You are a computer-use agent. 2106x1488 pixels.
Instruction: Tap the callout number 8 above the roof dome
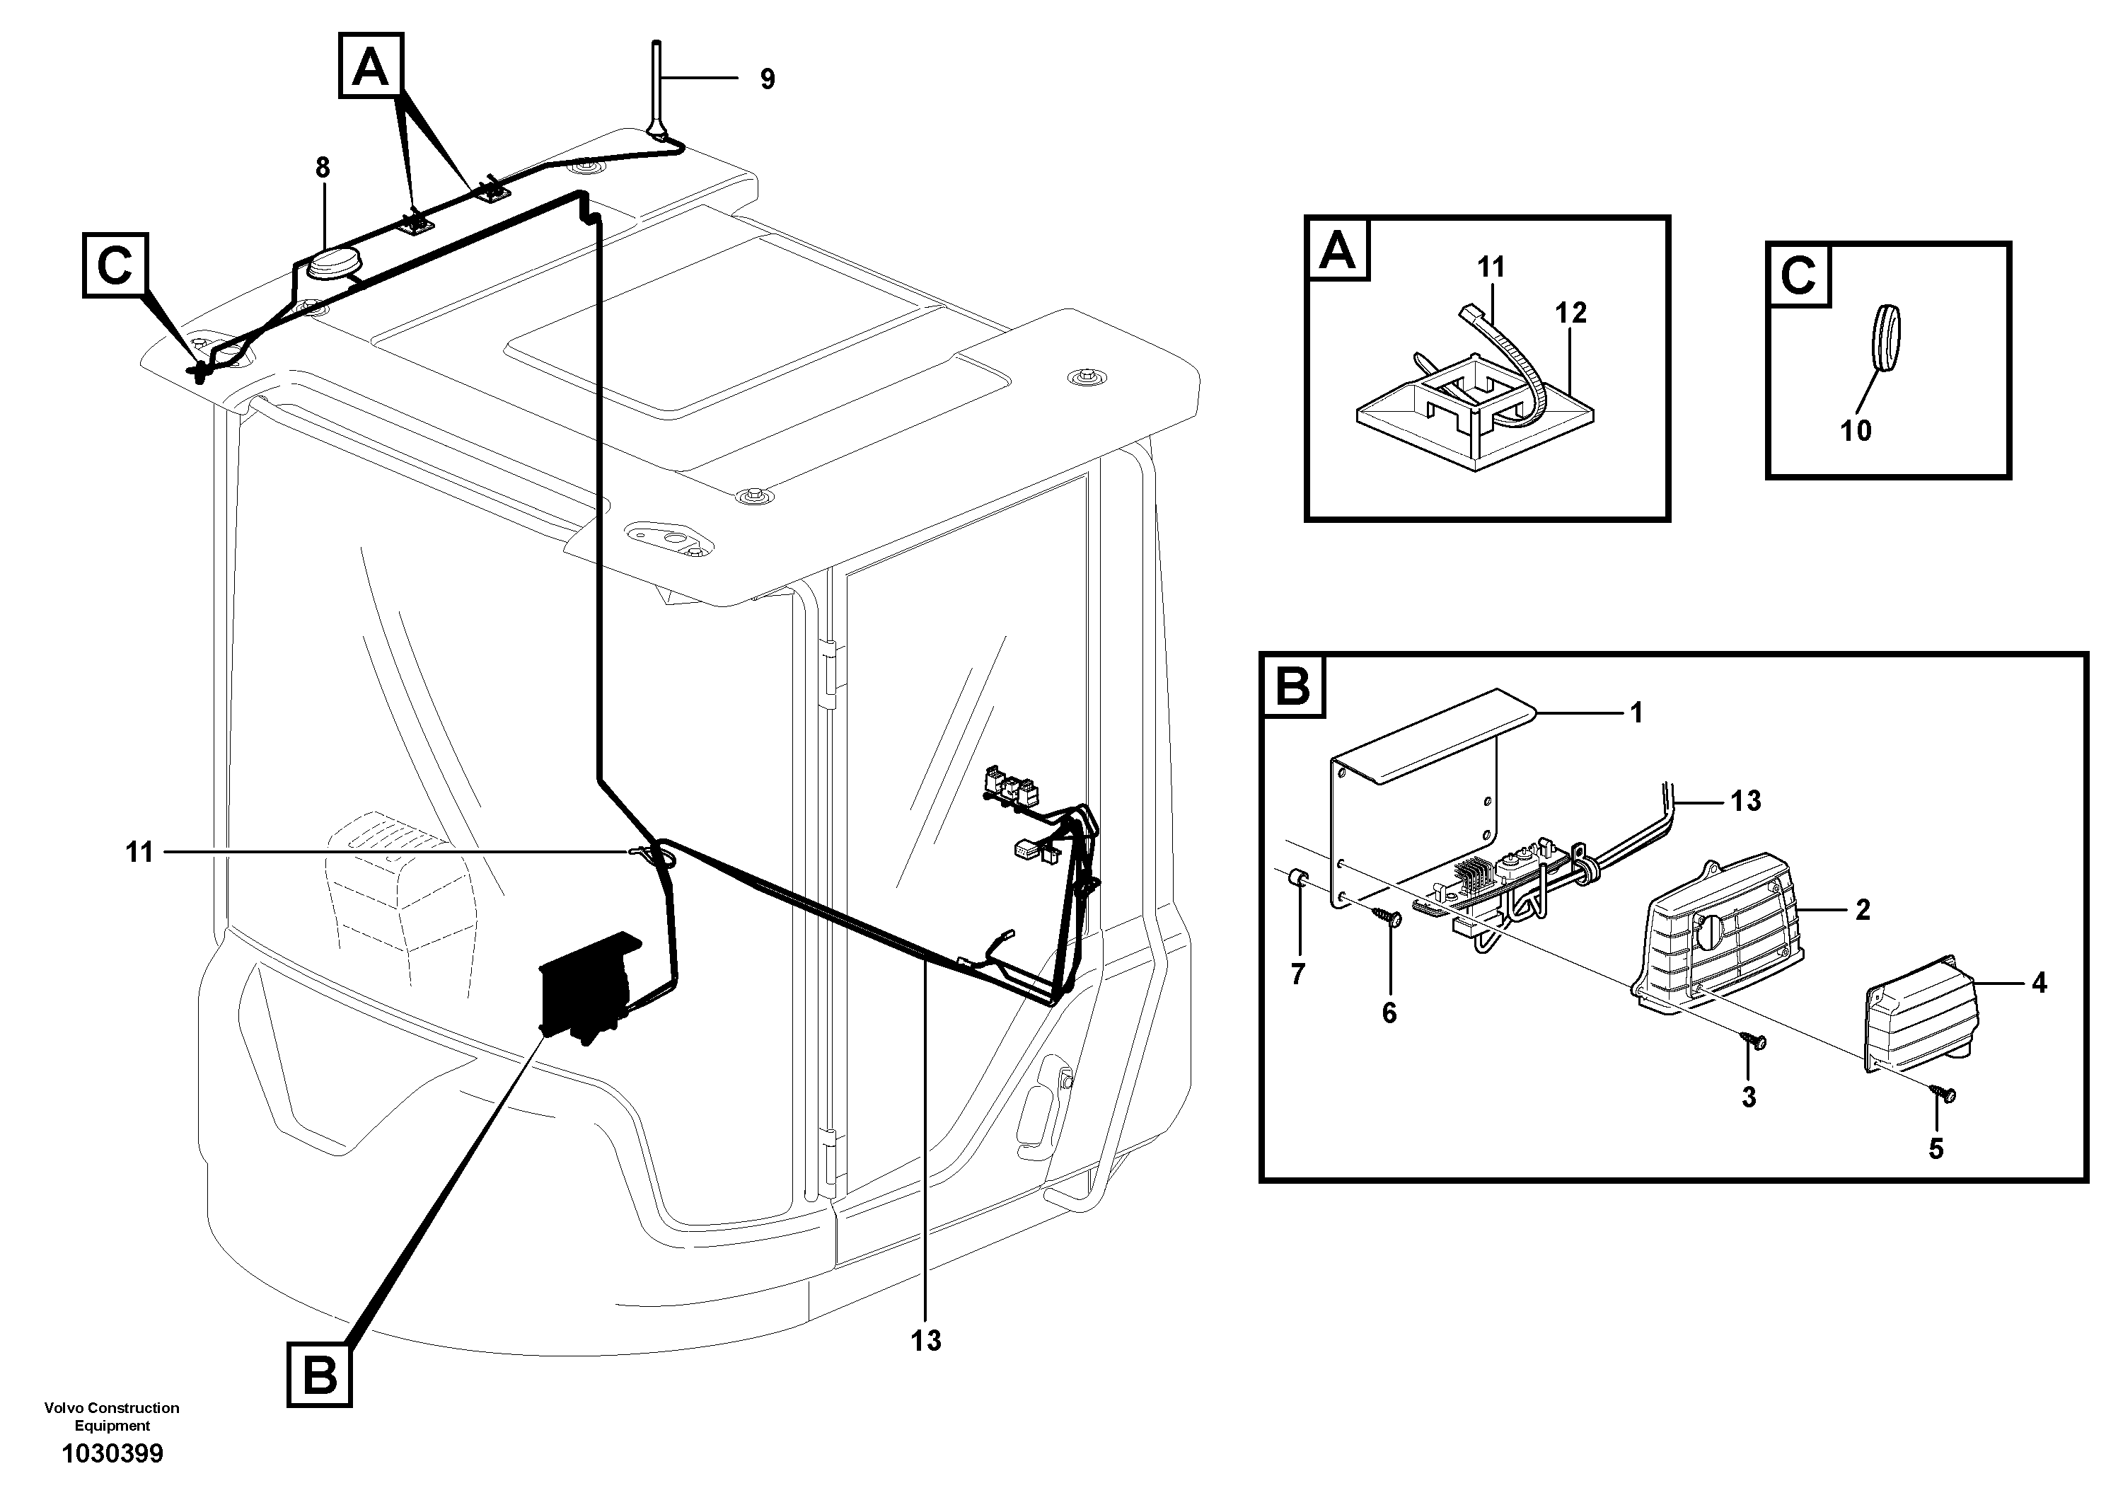point(322,168)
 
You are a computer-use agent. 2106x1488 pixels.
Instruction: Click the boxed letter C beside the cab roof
point(115,265)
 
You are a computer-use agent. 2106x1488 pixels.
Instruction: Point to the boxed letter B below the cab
point(319,1373)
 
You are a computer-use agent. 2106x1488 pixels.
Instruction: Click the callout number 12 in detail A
point(1570,313)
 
